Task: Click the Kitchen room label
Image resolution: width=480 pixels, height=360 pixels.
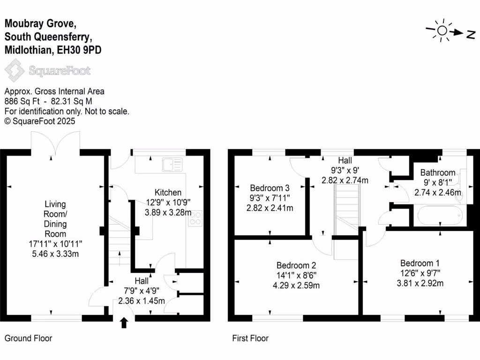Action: [168, 193]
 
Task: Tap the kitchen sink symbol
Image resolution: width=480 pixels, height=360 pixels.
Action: [172, 165]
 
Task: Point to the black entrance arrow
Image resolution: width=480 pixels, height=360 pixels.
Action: [124, 323]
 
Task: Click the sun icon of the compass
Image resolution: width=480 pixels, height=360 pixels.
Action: [442, 31]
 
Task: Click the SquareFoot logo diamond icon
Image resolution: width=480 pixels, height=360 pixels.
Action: [15, 71]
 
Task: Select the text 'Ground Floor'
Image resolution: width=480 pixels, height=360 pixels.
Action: [28, 338]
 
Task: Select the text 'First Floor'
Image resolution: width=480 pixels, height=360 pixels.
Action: [250, 338]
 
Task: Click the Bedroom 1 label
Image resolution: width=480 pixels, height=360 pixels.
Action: [420, 263]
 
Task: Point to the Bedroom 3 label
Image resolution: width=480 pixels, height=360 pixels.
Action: [270, 188]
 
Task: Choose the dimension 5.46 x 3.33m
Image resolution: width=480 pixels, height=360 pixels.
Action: [55, 254]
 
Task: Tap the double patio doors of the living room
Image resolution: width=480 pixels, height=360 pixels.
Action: [55, 143]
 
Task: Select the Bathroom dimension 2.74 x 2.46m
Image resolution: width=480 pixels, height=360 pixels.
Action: [437, 193]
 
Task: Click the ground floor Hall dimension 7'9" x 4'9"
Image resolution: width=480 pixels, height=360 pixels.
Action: [142, 291]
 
